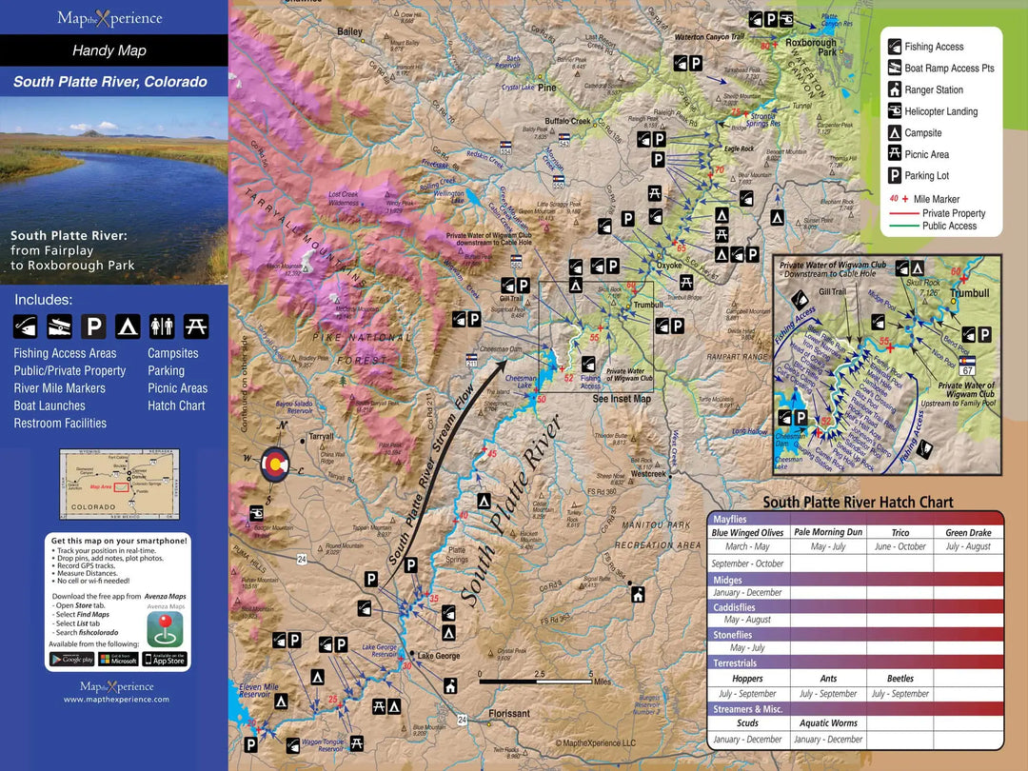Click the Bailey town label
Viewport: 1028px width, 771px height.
(349, 31)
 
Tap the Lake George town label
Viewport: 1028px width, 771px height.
(439, 656)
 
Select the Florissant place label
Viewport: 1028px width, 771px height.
(509, 713)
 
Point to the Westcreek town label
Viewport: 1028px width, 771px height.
(648, 473)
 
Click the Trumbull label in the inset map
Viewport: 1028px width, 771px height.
(970, 293)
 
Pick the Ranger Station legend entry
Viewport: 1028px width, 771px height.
(933, 89)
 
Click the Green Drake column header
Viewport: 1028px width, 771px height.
(968, 532)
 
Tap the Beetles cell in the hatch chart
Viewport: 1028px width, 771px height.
(899, 679)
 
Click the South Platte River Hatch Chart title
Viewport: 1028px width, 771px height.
(857, 503)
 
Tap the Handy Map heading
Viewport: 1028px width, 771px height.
(109, 50)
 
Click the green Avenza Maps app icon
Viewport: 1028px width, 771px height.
(165, 629)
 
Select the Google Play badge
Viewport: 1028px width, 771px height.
(71, 659)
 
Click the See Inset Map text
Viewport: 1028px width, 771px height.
(622, 399)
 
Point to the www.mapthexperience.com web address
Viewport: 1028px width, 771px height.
(116, 699)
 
